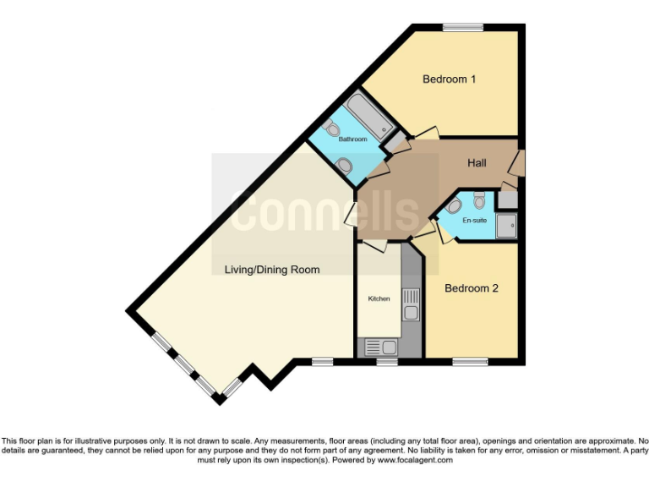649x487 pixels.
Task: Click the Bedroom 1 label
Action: (450, 79)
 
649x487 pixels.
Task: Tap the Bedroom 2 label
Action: (472, 288)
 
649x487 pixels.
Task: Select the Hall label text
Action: (476, 162)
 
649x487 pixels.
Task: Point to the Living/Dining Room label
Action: (272, 270)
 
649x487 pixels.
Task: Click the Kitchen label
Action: (378, 299)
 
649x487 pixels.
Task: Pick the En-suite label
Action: (474, 220)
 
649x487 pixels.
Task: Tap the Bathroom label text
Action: (352, 139)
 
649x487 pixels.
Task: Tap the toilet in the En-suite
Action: (479, 200)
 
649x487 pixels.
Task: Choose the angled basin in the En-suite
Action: (454, 205)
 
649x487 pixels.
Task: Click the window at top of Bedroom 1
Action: (464, 28)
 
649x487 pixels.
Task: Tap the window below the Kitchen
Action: (387, 362)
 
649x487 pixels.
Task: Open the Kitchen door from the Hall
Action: (374, 244)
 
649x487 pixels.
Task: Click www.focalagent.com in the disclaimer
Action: (415, 461)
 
